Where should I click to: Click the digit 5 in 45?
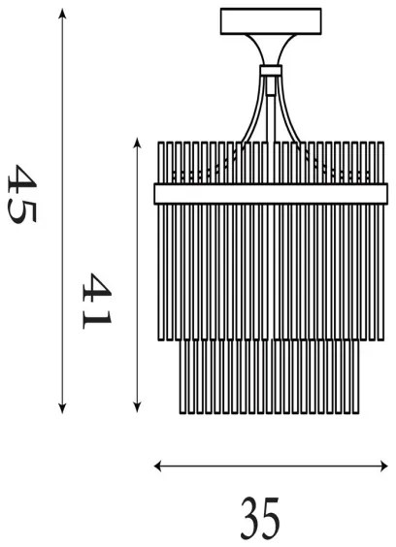click(21, 210)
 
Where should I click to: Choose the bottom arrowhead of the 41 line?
click(138, 406)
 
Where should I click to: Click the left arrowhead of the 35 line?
click(159, 467)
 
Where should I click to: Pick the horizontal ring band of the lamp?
click(265, 194)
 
